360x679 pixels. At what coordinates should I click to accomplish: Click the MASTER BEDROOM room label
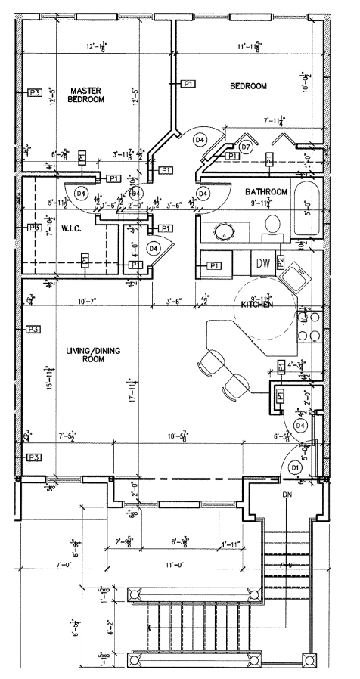[x=85, y=94]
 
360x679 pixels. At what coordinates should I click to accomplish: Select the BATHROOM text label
[x=267, y=192]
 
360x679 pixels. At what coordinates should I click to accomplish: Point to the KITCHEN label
[x=257, y=304]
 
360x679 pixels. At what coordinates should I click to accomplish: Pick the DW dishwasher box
[x=263, y=263]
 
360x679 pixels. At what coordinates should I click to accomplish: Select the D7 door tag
[x=246, y=147]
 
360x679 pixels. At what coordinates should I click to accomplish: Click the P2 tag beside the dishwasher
[x=280, y=262]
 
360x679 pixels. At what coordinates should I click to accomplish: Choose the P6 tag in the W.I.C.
[x=34, y=228]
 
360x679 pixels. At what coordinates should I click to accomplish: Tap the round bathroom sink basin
[x=225, y=231]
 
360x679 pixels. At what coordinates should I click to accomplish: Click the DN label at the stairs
[x=287, y=494]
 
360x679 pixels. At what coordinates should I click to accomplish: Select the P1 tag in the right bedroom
[x=188, y=83]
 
